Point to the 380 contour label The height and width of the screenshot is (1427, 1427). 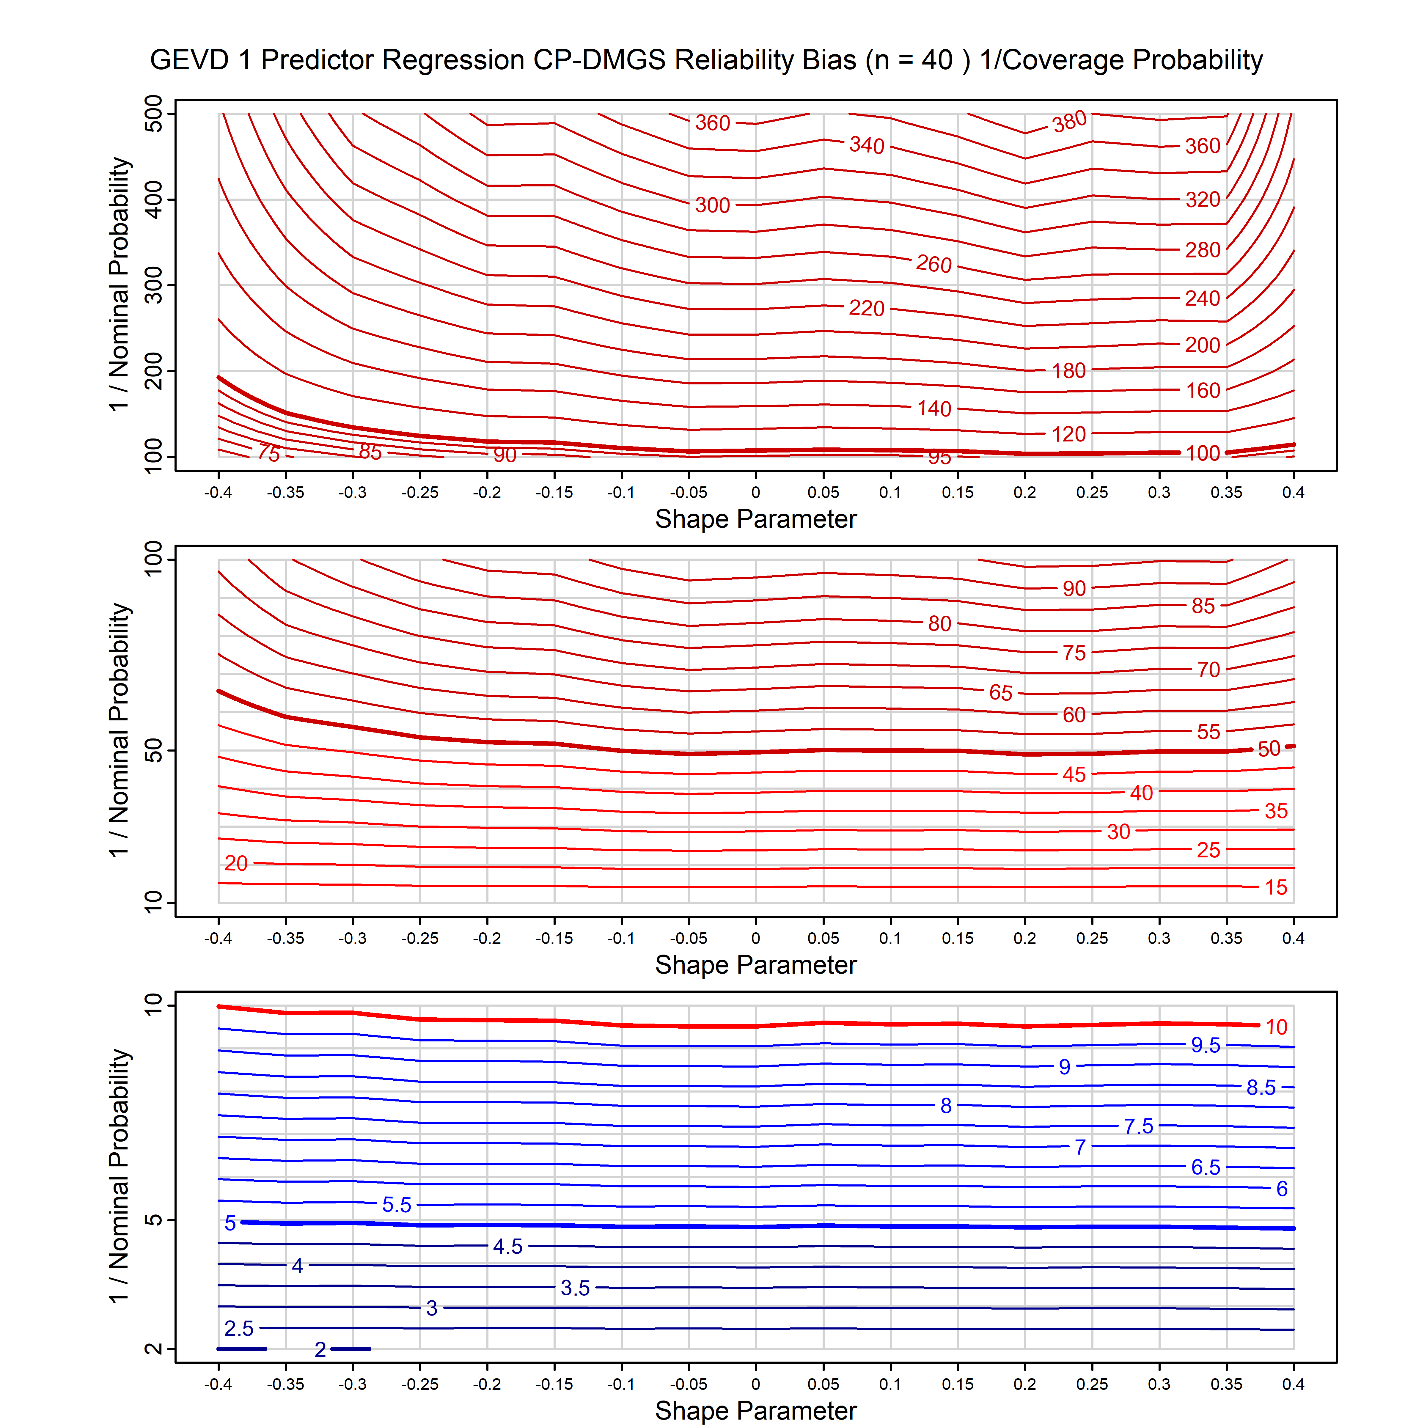pos(1070,121)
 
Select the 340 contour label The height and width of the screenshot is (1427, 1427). pos(866,145)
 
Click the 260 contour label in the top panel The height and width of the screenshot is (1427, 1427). pos(933,264)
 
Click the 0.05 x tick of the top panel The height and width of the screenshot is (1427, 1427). pos(823,493)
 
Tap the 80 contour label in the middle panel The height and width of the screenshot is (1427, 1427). pos(939,623)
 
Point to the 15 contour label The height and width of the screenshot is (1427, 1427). pos(1276,887)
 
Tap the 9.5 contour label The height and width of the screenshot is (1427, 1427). pos(1206,1045)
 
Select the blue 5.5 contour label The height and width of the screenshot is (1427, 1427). pos(397,1205)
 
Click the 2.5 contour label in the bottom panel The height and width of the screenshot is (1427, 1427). pos(238,1329)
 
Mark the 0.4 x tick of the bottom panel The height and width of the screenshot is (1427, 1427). pos(1293,1384)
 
